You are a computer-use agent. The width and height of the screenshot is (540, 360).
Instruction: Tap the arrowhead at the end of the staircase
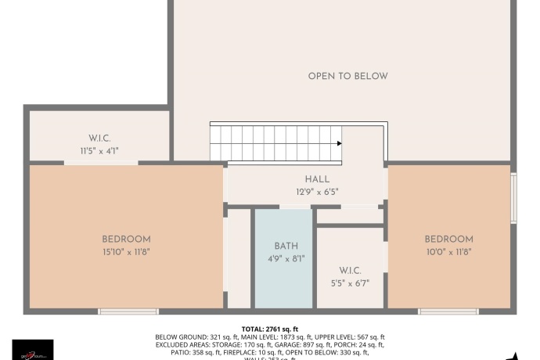click(339, 143)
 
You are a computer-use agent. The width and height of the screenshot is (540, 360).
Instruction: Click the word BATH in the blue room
click(286, 246)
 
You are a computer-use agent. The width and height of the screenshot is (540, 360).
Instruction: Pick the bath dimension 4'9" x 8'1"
click(286, 258)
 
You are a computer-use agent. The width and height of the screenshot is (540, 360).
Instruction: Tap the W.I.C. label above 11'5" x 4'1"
click(99, 138)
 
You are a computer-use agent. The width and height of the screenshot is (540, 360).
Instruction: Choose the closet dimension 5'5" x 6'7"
click(349, 283)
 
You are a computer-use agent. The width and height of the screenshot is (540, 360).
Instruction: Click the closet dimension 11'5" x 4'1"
click(99, 150)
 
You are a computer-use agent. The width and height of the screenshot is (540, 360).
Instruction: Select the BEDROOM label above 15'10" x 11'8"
click(126, 239)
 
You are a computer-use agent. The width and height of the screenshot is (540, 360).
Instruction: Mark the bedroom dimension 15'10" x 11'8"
click(126, 251)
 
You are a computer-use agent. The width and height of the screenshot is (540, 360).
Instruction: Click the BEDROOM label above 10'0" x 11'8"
click(448, 239)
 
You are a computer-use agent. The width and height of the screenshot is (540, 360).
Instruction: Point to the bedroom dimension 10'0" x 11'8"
click(448, 251)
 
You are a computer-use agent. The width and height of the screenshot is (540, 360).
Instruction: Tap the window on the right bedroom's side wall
click(513, 197)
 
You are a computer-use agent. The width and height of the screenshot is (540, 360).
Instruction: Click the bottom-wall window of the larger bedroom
click(128, 311)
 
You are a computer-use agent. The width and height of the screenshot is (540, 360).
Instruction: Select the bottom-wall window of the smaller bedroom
click(448, 311)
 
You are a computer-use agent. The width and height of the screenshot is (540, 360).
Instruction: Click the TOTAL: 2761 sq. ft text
click(270, 329)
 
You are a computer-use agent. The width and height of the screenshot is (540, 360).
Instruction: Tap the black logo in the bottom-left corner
click(33, 350)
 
